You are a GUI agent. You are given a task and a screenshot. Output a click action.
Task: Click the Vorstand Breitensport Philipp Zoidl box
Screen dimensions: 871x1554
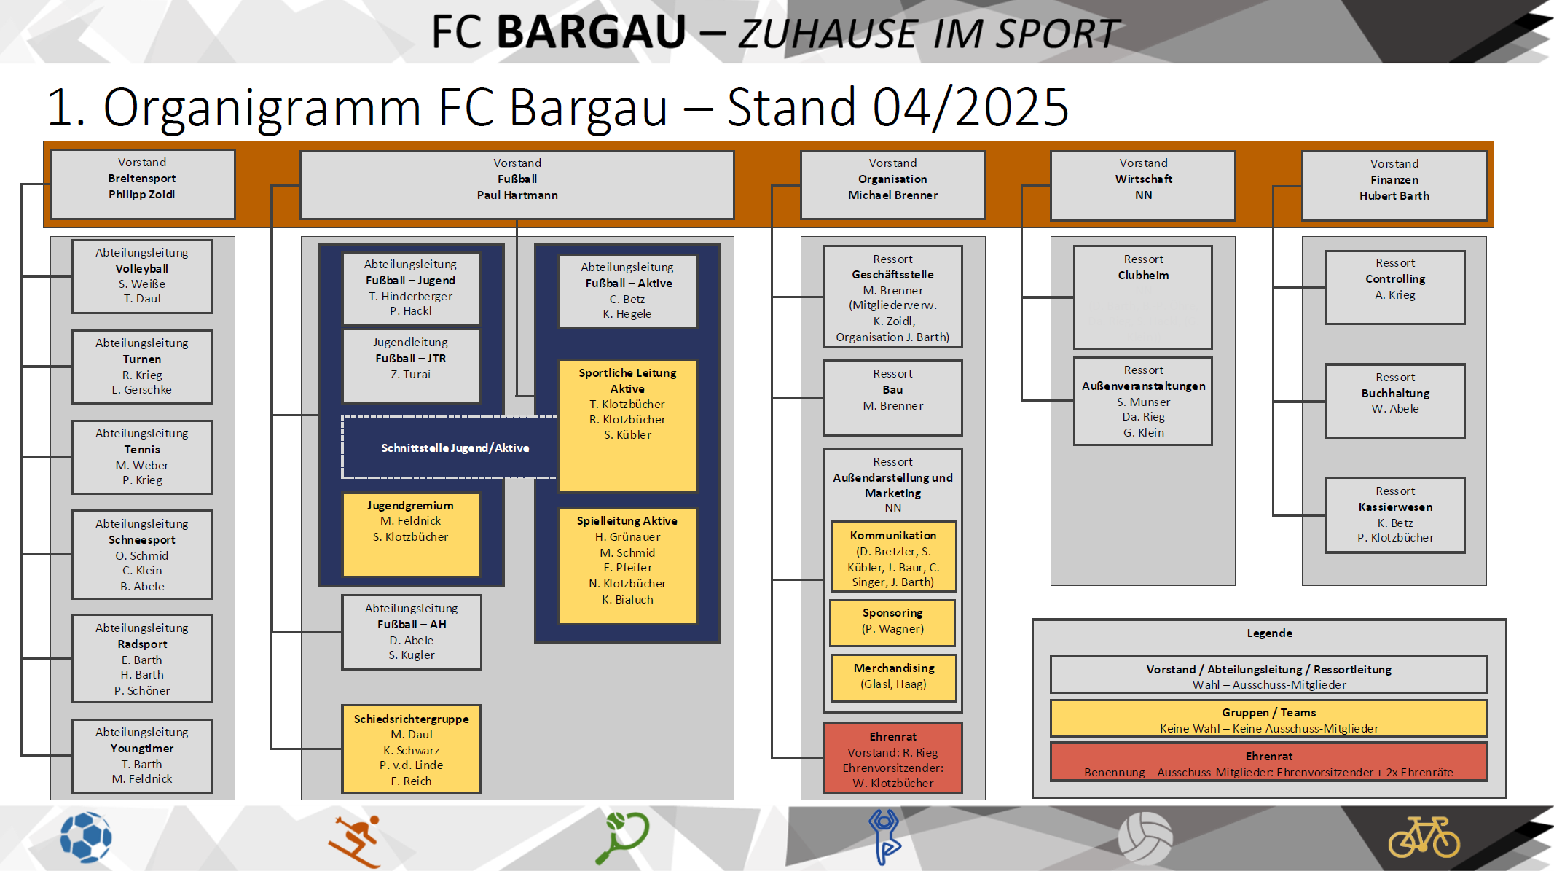click(142, 184)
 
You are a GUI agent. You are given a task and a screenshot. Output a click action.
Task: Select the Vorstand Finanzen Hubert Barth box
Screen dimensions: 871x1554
click(1394, 185)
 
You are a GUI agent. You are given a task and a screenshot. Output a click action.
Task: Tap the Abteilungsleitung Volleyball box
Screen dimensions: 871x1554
click(142, 276)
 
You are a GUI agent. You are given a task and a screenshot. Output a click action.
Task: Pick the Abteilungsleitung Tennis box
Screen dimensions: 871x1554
click(142, 457)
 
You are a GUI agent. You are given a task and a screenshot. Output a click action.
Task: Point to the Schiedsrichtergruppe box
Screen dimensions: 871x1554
click(411, 749)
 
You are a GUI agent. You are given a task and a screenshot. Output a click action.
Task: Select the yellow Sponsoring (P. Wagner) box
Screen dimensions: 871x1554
click(892, 622)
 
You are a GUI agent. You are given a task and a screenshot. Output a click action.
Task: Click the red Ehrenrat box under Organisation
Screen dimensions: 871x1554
click(892, 758)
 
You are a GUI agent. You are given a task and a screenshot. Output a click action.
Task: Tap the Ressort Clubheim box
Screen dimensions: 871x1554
click(1142, 297)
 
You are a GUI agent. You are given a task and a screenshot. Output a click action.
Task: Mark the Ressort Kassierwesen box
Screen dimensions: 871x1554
click(1394, 515)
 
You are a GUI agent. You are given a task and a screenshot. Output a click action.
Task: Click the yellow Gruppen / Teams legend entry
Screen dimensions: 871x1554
click(1268, 719)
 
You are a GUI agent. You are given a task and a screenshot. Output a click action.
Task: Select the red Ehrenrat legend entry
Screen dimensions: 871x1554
click(1268, 762)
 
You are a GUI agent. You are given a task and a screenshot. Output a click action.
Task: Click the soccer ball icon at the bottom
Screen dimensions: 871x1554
click(86, 837)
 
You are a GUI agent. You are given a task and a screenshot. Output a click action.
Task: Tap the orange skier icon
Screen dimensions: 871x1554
click(356, 840)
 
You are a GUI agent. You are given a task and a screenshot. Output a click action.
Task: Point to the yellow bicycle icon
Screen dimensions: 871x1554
click(1424, 837)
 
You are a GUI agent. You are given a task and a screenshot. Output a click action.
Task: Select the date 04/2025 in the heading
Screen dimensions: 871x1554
click(970, 108)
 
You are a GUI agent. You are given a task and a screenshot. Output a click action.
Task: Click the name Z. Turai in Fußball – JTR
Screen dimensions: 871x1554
click(411, 375)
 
